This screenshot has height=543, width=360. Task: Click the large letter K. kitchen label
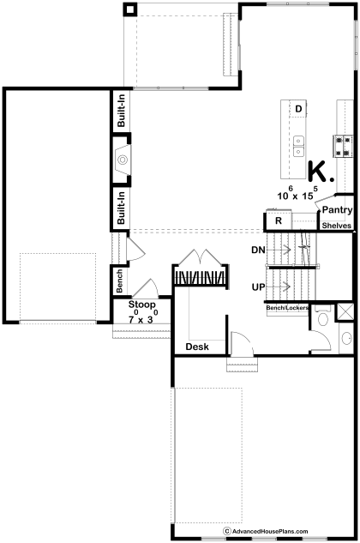coord(321,172)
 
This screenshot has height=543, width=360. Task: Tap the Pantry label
coord(337,210)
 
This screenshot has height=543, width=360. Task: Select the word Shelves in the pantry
coord(337,226)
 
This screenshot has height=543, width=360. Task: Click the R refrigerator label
coord(279,221)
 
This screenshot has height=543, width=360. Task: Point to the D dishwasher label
coord(298,109)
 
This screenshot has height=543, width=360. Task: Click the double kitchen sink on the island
coord(298,146)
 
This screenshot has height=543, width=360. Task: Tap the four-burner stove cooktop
coord(343,146)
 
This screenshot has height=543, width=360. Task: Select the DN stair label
coord(258,250)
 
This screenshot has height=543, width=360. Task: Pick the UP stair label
coord(258,287)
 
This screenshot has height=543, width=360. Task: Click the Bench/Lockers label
coord(287,307)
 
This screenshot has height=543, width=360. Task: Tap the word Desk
coord(197,347)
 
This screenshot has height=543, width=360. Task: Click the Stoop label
coord(142,305)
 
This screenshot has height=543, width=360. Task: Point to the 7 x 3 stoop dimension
coord(142,317)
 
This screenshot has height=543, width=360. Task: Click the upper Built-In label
coord(121,112)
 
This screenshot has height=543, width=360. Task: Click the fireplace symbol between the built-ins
coord(122,160)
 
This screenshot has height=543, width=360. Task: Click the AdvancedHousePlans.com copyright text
coord(266,531)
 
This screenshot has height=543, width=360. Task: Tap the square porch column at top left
coord(130,9)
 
